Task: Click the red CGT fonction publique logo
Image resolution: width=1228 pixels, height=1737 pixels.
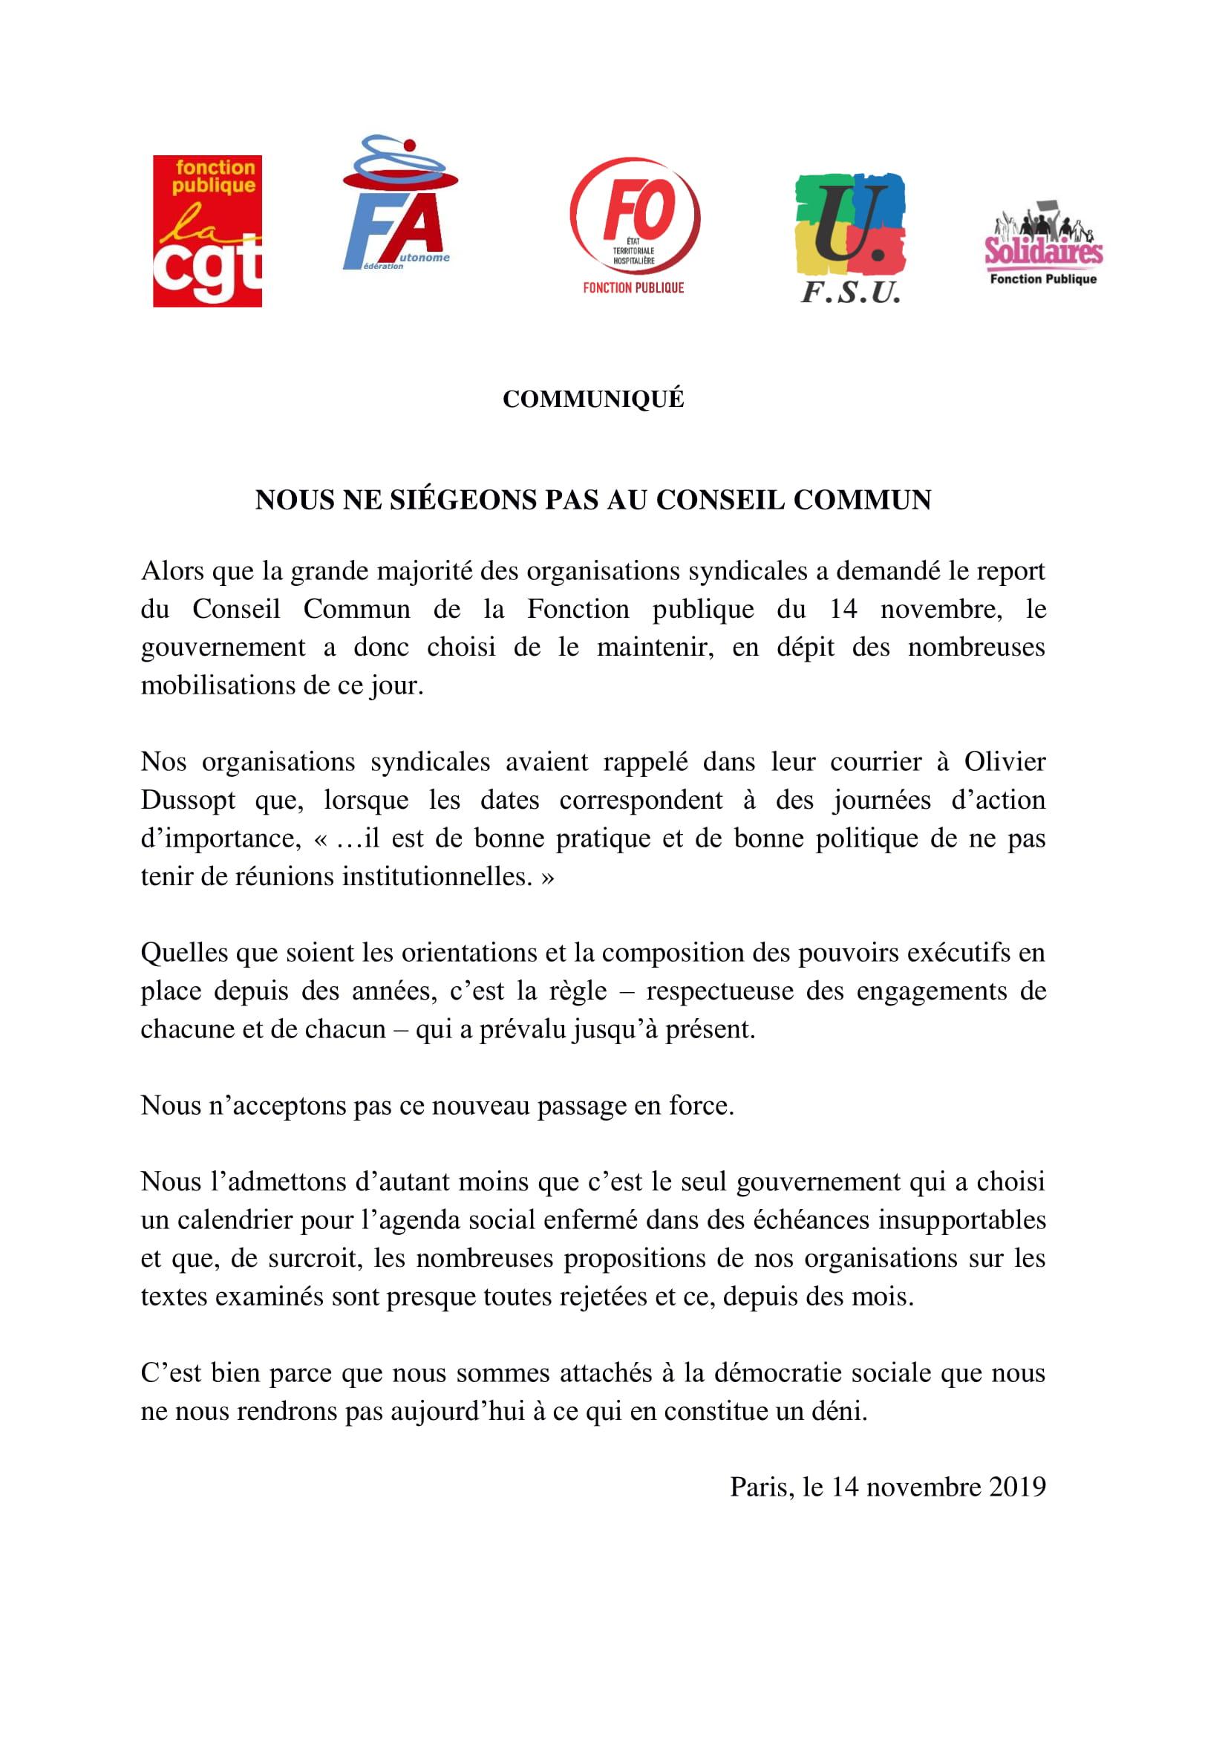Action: pos(207,231)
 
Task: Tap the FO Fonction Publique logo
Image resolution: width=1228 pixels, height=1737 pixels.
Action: pos(634,227)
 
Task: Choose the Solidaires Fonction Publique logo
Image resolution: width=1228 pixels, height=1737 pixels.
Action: pos(1043,243)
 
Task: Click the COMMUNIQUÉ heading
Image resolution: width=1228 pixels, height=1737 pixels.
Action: pos(594,400)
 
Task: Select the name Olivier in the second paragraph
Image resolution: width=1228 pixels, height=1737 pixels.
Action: pos(1005,762)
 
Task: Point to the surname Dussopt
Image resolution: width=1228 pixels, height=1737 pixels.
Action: pos(189,801)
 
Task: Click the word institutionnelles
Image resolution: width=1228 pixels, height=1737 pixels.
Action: pos(438,877)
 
